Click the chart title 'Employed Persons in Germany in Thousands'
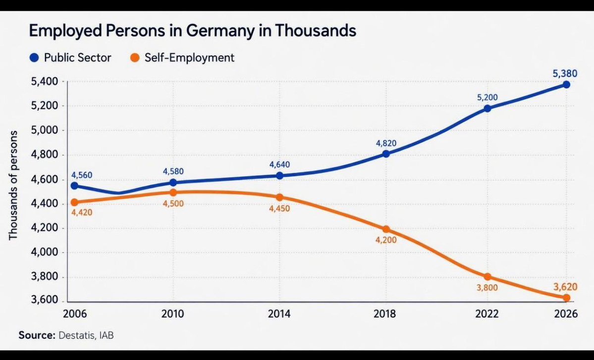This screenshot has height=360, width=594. [192, 31]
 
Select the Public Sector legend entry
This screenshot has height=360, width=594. [70, 58]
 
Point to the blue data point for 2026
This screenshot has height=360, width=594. [566, 85]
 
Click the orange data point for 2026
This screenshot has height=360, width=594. [566, 298]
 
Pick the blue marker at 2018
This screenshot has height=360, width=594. [386, 154]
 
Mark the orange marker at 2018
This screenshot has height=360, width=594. [386, 229]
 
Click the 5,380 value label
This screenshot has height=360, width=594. [565, 74]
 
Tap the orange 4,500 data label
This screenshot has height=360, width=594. [173, 204]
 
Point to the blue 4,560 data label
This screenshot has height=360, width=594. [82, 175]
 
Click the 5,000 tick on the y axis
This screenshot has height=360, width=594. [45, 130]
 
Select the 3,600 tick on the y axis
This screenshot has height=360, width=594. [45, 301]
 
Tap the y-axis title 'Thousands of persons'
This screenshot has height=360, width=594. [13, 185]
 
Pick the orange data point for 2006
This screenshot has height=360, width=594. [74, 202]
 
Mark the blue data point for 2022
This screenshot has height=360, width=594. [487, 108]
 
